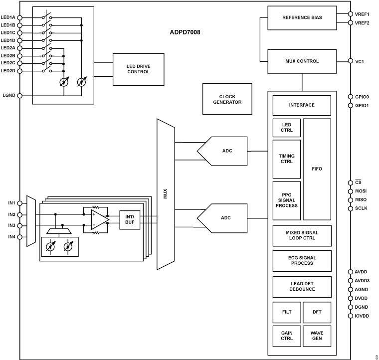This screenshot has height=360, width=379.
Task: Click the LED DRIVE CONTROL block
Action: [138, 69]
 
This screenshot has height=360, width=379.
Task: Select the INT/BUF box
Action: [130, 219]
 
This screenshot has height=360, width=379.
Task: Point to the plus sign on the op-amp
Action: [94, 214]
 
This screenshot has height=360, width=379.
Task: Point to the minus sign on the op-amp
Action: [94, 225]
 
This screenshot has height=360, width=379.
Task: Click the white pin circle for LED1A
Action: [19, 17]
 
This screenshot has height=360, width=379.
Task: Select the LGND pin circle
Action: [19, 95]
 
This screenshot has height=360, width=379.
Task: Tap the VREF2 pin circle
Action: [351, 23]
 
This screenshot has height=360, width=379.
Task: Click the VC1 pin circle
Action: [351, 61]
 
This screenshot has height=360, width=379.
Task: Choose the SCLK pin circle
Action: [351, 208]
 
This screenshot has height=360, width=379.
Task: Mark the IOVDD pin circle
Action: [351, 316]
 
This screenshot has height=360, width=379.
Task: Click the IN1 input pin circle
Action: [19, 203]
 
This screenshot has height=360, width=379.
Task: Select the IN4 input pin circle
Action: [19, 237]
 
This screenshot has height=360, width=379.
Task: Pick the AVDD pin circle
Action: [351, 272]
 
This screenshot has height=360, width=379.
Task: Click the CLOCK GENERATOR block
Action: [227, 99]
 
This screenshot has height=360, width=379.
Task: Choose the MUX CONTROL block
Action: [302, 61]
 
